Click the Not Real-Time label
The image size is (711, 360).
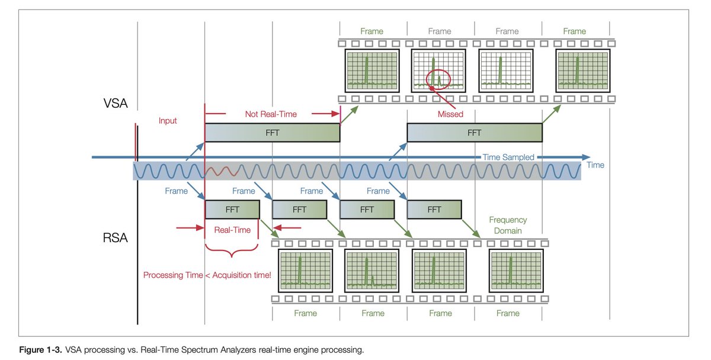pos(271,112)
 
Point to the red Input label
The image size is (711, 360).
pos(168,121)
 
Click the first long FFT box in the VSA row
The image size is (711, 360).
pos(272,133)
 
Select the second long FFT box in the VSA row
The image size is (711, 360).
pos(474,133)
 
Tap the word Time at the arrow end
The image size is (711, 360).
pos(595,165)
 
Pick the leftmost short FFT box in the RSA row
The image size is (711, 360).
pos(232,209)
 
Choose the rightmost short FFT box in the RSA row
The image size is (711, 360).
pos(434,209)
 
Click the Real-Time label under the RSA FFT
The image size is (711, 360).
pos(232,230)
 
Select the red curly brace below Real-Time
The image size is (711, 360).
pos(232,251)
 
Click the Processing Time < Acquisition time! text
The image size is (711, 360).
pos(207,275)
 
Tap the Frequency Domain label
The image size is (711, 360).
pos(508,225)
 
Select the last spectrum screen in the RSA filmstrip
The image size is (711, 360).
pos(508,271)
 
